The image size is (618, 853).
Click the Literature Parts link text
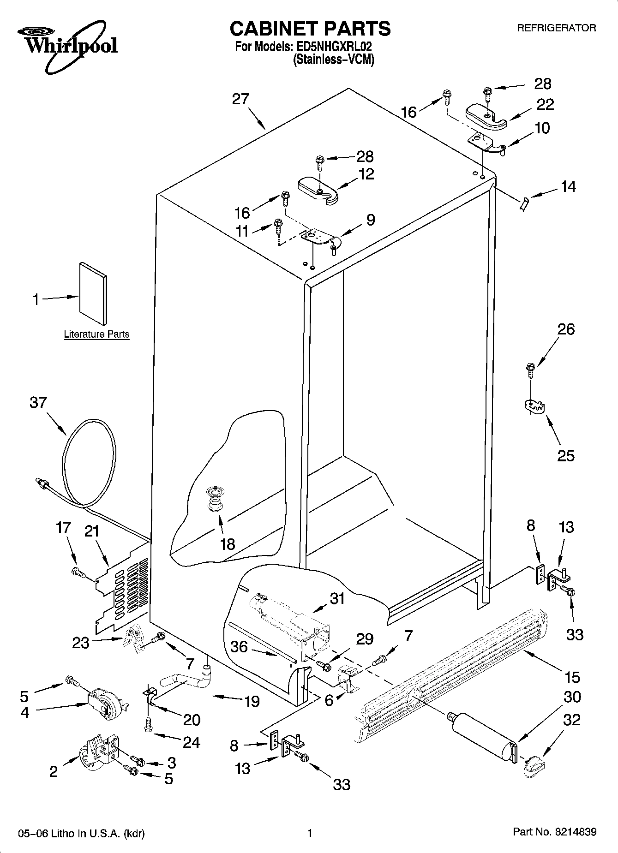pos(96,334)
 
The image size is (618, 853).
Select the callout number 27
pos(240,99)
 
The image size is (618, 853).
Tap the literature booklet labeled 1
pos(94,294)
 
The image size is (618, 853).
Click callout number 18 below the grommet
pos(228,544)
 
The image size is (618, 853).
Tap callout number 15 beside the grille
pos(572,677)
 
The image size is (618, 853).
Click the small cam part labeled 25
pos(534,406)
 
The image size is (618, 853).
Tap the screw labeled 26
pos(530,369)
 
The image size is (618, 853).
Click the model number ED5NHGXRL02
pos(334,47)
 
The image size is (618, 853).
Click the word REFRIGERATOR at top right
pos(556,28)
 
